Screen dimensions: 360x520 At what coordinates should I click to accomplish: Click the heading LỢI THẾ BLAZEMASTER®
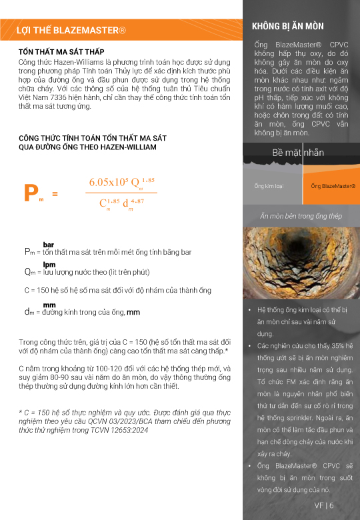(x=71, y=30)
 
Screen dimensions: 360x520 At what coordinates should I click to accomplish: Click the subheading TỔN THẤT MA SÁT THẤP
(x=61, y=52)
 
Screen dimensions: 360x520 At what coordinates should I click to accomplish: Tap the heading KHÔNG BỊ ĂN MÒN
(x=288, y=26)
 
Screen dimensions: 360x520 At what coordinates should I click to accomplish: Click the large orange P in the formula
(x=31, y=193)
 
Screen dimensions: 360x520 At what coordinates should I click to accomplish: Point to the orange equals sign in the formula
(x=55, y=194)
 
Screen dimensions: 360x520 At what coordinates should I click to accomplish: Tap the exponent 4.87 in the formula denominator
(x=137, y=201)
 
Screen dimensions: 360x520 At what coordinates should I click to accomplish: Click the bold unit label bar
(x=49, y=245)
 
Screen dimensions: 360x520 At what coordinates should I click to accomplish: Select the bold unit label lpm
(x=49, y=265)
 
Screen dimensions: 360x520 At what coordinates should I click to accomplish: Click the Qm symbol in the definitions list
(x=29, y=272)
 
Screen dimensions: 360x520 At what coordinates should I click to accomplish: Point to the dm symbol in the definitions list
(x=29, y=312)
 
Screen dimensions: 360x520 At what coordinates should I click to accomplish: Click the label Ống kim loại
(x=269, y=186)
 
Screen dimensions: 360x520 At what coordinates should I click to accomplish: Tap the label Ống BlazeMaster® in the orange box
(x=333, y=186)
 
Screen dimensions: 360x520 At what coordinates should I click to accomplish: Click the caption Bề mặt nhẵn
(x=298, y=153)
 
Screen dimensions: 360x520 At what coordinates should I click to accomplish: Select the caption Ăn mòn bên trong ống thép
(x=301, y=216)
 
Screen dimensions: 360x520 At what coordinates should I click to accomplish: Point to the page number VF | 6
(x=324, y=505)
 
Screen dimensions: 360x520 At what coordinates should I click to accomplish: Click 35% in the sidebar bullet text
(x=338, y=345)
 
